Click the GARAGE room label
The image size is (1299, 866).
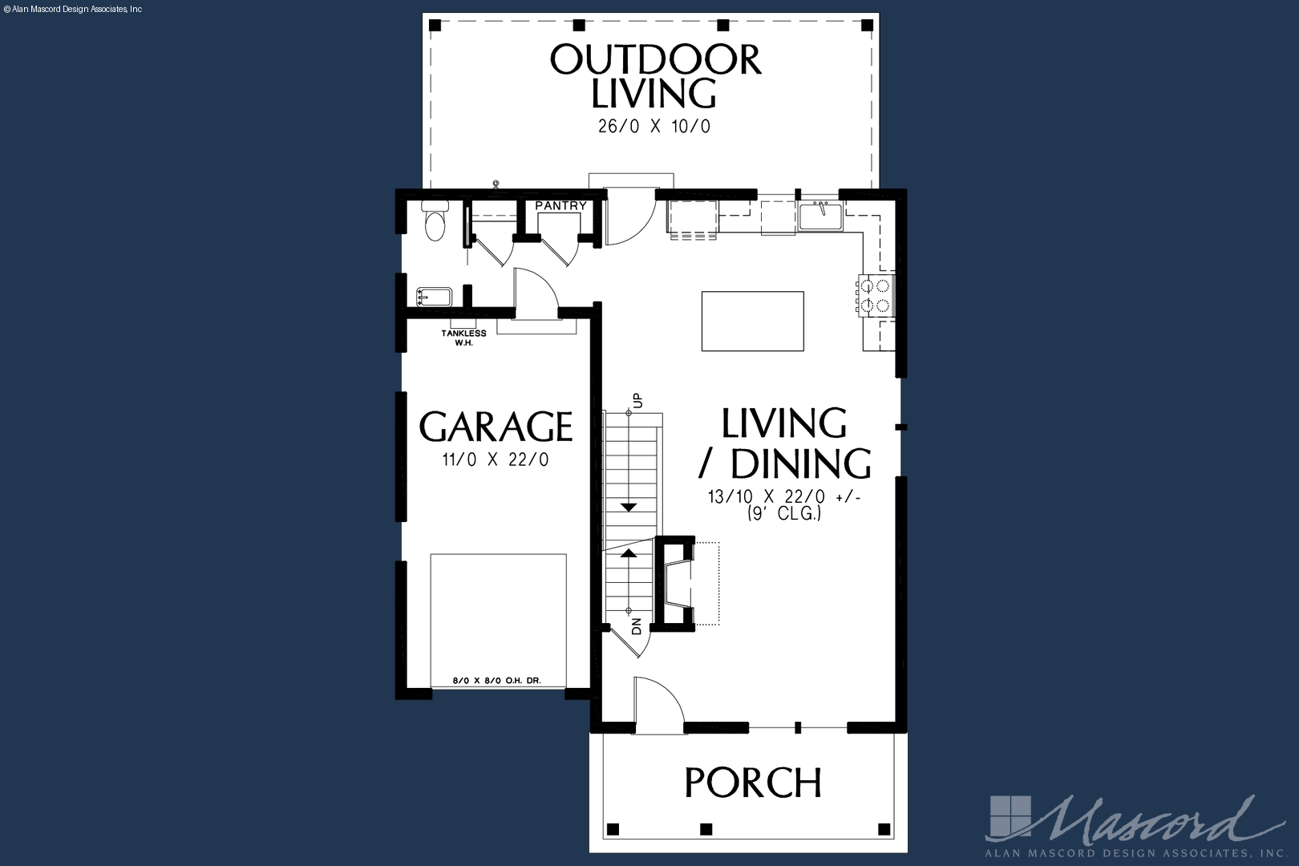[496, 427]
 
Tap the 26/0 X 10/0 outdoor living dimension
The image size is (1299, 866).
[654, 127]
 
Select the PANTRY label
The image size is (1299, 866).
[560, 206]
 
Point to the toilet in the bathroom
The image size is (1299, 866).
[435, 221]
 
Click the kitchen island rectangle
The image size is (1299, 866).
[753, 322]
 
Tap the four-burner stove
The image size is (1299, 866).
[876, 294]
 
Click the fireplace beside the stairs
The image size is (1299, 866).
[676, 584]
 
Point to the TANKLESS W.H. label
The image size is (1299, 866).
[464, 338]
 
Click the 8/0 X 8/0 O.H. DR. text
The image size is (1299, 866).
[497, 681]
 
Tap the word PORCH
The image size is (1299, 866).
[753, 783]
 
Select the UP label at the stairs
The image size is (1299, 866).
[637, 400]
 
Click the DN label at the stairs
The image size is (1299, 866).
[636, 626]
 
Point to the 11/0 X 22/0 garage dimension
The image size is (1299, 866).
[496, 460]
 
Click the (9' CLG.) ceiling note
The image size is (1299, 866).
[784, 513]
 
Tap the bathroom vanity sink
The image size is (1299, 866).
[434, 297]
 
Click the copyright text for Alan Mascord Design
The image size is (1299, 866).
[73, 10]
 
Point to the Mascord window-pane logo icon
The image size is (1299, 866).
[1010, 817]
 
